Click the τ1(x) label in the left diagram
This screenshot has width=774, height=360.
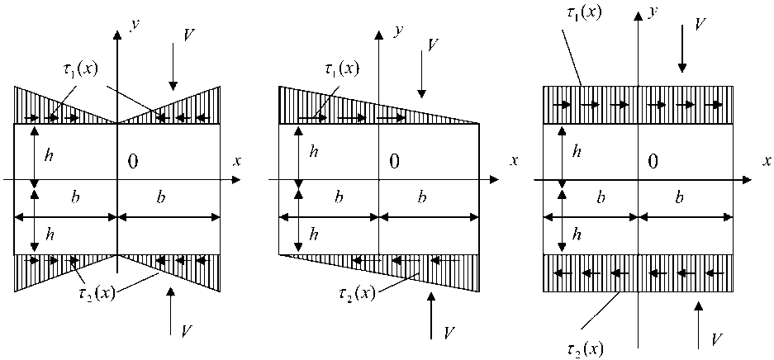click(x=80, y=68)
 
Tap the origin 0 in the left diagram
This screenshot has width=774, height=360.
click(x=133, y=161)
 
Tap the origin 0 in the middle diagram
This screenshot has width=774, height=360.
click(x=394, y=161)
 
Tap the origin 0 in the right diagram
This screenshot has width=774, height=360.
click(x=653, y=161)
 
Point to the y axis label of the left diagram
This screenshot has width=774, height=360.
click(x=134, y=24)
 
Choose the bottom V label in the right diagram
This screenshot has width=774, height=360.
click(x=717, y=339)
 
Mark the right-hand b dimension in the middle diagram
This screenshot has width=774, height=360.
click(x=423, y=198)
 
